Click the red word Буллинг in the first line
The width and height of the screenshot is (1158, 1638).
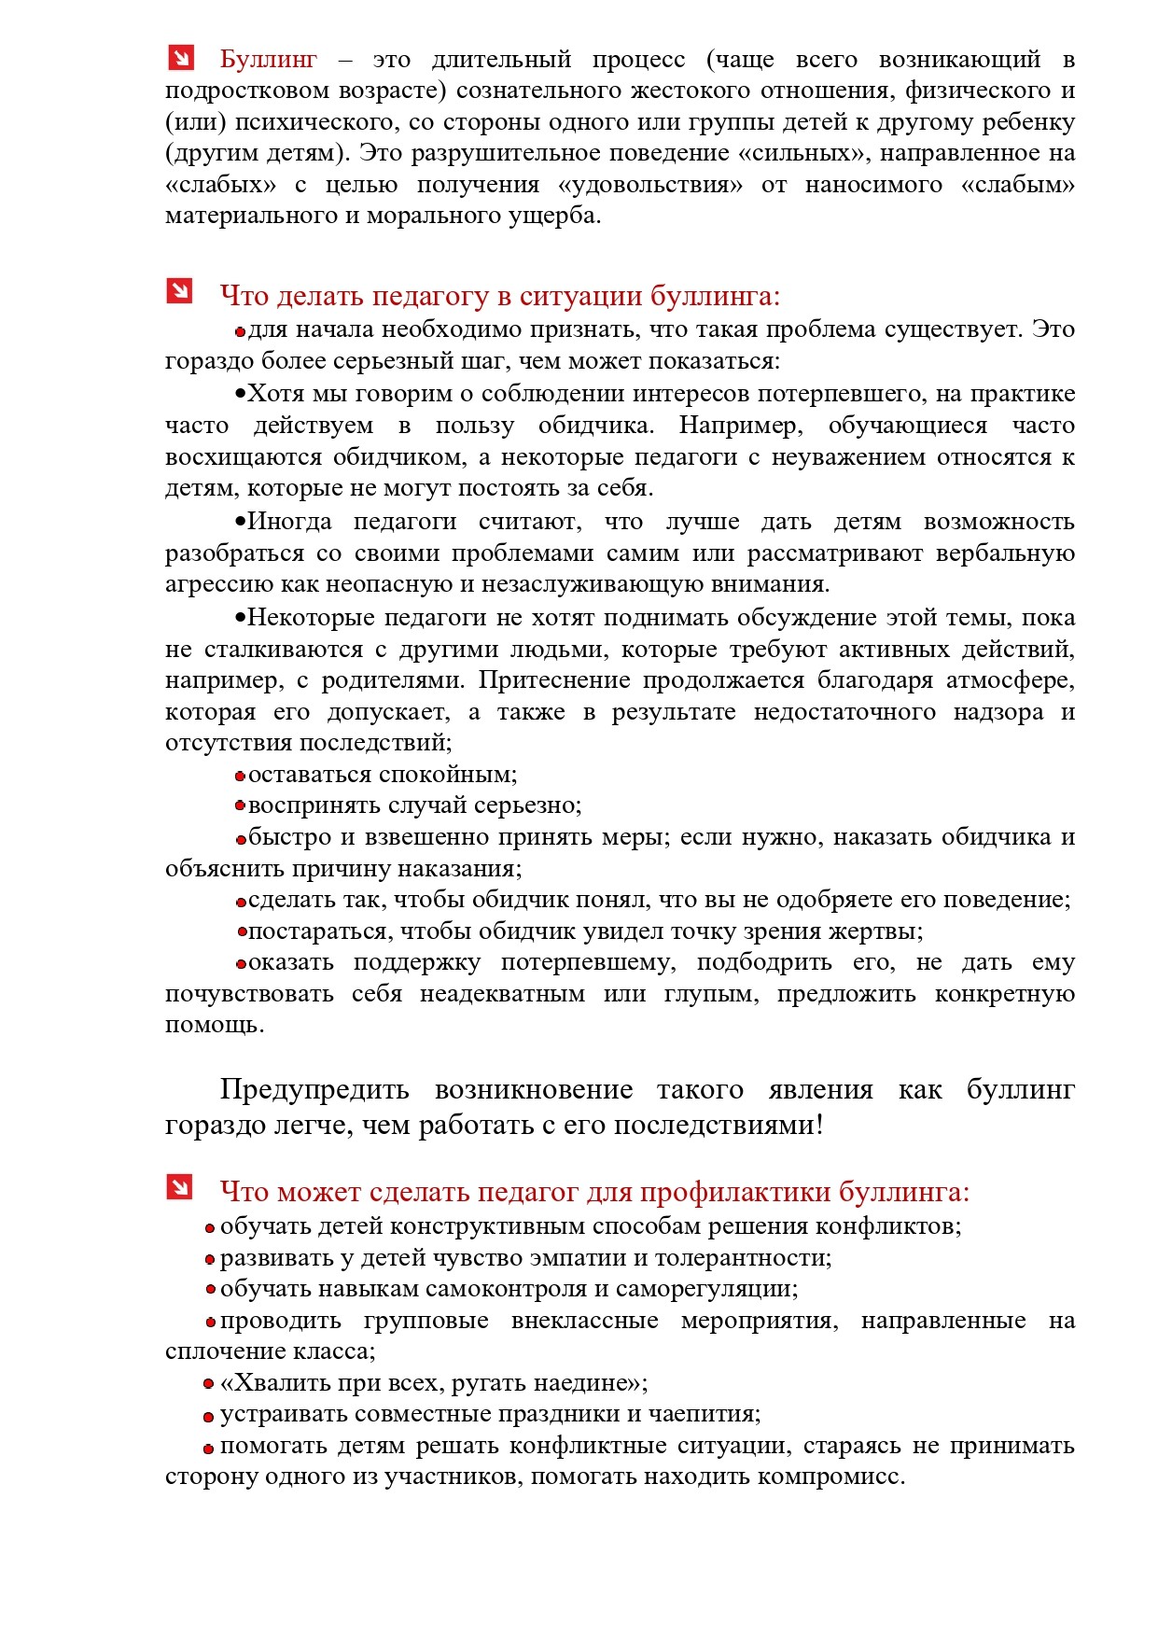point(268,60)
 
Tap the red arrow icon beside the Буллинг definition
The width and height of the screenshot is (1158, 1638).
point(180,58)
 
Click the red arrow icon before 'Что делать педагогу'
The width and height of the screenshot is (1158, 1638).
point(179,291)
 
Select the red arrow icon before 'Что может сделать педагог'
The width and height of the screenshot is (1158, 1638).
point(179,1187)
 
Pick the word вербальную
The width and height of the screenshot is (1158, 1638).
point(1005,553)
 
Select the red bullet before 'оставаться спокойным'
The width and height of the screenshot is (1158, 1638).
point(240,777)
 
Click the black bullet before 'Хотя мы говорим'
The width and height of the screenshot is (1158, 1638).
point(240,394)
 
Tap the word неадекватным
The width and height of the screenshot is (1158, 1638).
point(502,994)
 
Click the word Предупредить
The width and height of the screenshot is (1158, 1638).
point(314,1090)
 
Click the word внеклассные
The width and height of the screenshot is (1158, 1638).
point(584,1321)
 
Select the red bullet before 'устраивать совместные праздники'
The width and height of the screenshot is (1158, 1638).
point(209,1417)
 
